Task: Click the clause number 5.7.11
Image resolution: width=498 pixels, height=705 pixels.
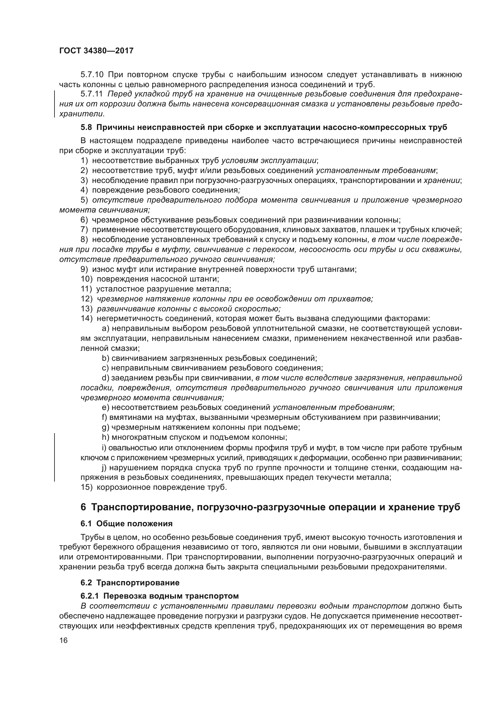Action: pyautogui.click(x=92, y=94)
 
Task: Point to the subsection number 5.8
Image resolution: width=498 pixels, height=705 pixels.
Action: pyautogui.click(x=86, y=127)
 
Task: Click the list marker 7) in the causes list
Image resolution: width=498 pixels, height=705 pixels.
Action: pyautogui.click(x=84, y=230)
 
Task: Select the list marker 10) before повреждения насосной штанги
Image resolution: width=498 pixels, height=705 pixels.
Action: pyautogui.click(x=86, y=279)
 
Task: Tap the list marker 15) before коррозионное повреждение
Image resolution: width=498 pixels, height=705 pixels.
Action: pyautogui.click(x=86, y=487)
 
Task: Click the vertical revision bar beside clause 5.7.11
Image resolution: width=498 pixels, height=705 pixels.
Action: pyautogui.click(x=55, y=104)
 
